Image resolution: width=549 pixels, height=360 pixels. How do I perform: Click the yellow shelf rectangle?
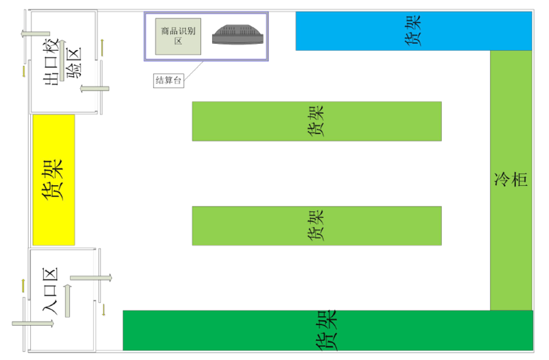coord(54,180)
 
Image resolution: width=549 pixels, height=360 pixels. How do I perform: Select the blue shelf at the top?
coord(414,31)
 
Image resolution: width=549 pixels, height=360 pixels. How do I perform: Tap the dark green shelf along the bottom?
coord(327,330)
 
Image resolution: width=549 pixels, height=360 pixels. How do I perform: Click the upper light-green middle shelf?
coord(316,121)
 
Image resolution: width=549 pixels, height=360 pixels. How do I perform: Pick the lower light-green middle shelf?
coord(316,226)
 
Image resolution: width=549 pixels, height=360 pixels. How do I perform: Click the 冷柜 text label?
coord(511,180)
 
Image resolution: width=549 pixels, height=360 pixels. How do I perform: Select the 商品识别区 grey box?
coord(177,36)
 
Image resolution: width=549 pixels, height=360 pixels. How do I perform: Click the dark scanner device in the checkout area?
coord(237,35)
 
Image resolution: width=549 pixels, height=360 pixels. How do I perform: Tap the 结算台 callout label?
coord(169,80)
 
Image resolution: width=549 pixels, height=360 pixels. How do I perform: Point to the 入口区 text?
coord(49,291)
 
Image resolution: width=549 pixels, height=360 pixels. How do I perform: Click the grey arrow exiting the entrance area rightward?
coord(91,277)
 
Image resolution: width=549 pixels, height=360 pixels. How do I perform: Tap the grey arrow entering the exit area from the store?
coord(94,88)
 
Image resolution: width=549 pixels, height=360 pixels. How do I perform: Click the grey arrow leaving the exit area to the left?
coord(36,33)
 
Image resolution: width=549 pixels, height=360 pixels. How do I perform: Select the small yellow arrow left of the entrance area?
coord(23,284)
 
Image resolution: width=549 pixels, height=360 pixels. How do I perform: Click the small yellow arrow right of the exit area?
coord(103,47)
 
